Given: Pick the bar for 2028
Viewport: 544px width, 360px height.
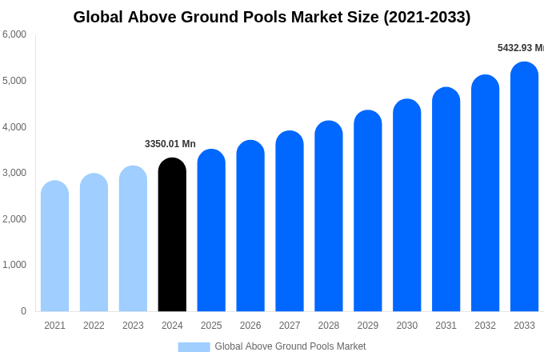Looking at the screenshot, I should (328, 216).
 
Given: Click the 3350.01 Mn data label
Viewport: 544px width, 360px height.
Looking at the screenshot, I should (170, 144).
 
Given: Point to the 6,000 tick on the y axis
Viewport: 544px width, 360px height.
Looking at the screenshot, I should (14, 34).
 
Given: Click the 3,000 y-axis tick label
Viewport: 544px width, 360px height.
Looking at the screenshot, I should (14, 173).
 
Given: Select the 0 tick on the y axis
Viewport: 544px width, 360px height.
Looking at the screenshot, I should (23, 311).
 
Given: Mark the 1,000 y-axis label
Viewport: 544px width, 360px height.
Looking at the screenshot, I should (14, 265).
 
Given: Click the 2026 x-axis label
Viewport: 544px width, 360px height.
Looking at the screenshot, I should (250, 326).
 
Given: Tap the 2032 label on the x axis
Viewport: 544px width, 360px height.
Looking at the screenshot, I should (485, 326).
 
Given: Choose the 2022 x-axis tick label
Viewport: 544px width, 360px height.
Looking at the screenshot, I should (94, 326).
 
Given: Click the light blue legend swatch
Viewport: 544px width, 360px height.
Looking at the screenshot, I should (194, 346).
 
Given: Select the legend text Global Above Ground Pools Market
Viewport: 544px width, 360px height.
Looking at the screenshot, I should (290, 346).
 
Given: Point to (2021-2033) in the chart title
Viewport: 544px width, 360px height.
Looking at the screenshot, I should (426, 17).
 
